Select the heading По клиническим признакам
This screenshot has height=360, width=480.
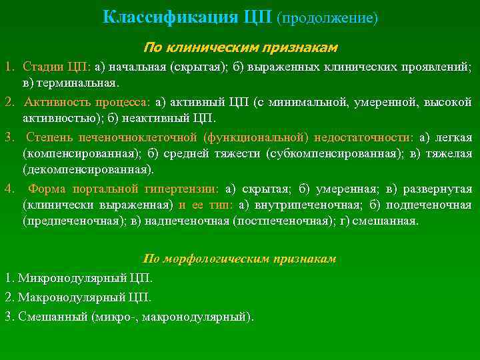240,48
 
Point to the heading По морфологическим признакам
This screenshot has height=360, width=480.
240,258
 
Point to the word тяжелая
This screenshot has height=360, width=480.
450,154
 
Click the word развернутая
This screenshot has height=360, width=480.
436,189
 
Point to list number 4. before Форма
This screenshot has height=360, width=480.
9,189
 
